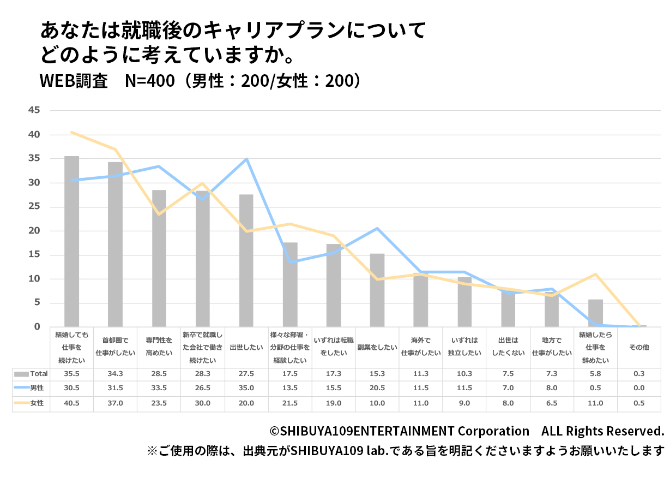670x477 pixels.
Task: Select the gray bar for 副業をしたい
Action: [x=377, y=290]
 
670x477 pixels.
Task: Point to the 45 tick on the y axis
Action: [x=34, y=110]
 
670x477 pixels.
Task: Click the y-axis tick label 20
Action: [x=34, y=231]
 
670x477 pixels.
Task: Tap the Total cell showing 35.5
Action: [x=71, y=374]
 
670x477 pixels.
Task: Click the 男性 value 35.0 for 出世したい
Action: [x=246, y=389]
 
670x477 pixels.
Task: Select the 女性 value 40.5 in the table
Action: [x=71, y=403]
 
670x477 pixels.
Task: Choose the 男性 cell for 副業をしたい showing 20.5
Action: [x=377, y=389]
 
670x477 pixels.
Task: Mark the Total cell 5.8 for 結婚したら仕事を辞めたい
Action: [x=595, y=374]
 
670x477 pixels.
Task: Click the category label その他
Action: [x=639, y=347]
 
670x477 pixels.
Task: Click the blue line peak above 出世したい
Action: [x=246, y=159]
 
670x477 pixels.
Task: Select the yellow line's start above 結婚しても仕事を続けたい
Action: [x=72, y=132]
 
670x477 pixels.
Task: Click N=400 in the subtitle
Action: [x=149, y=80]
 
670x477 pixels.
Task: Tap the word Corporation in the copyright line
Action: [x=493, y=431]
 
